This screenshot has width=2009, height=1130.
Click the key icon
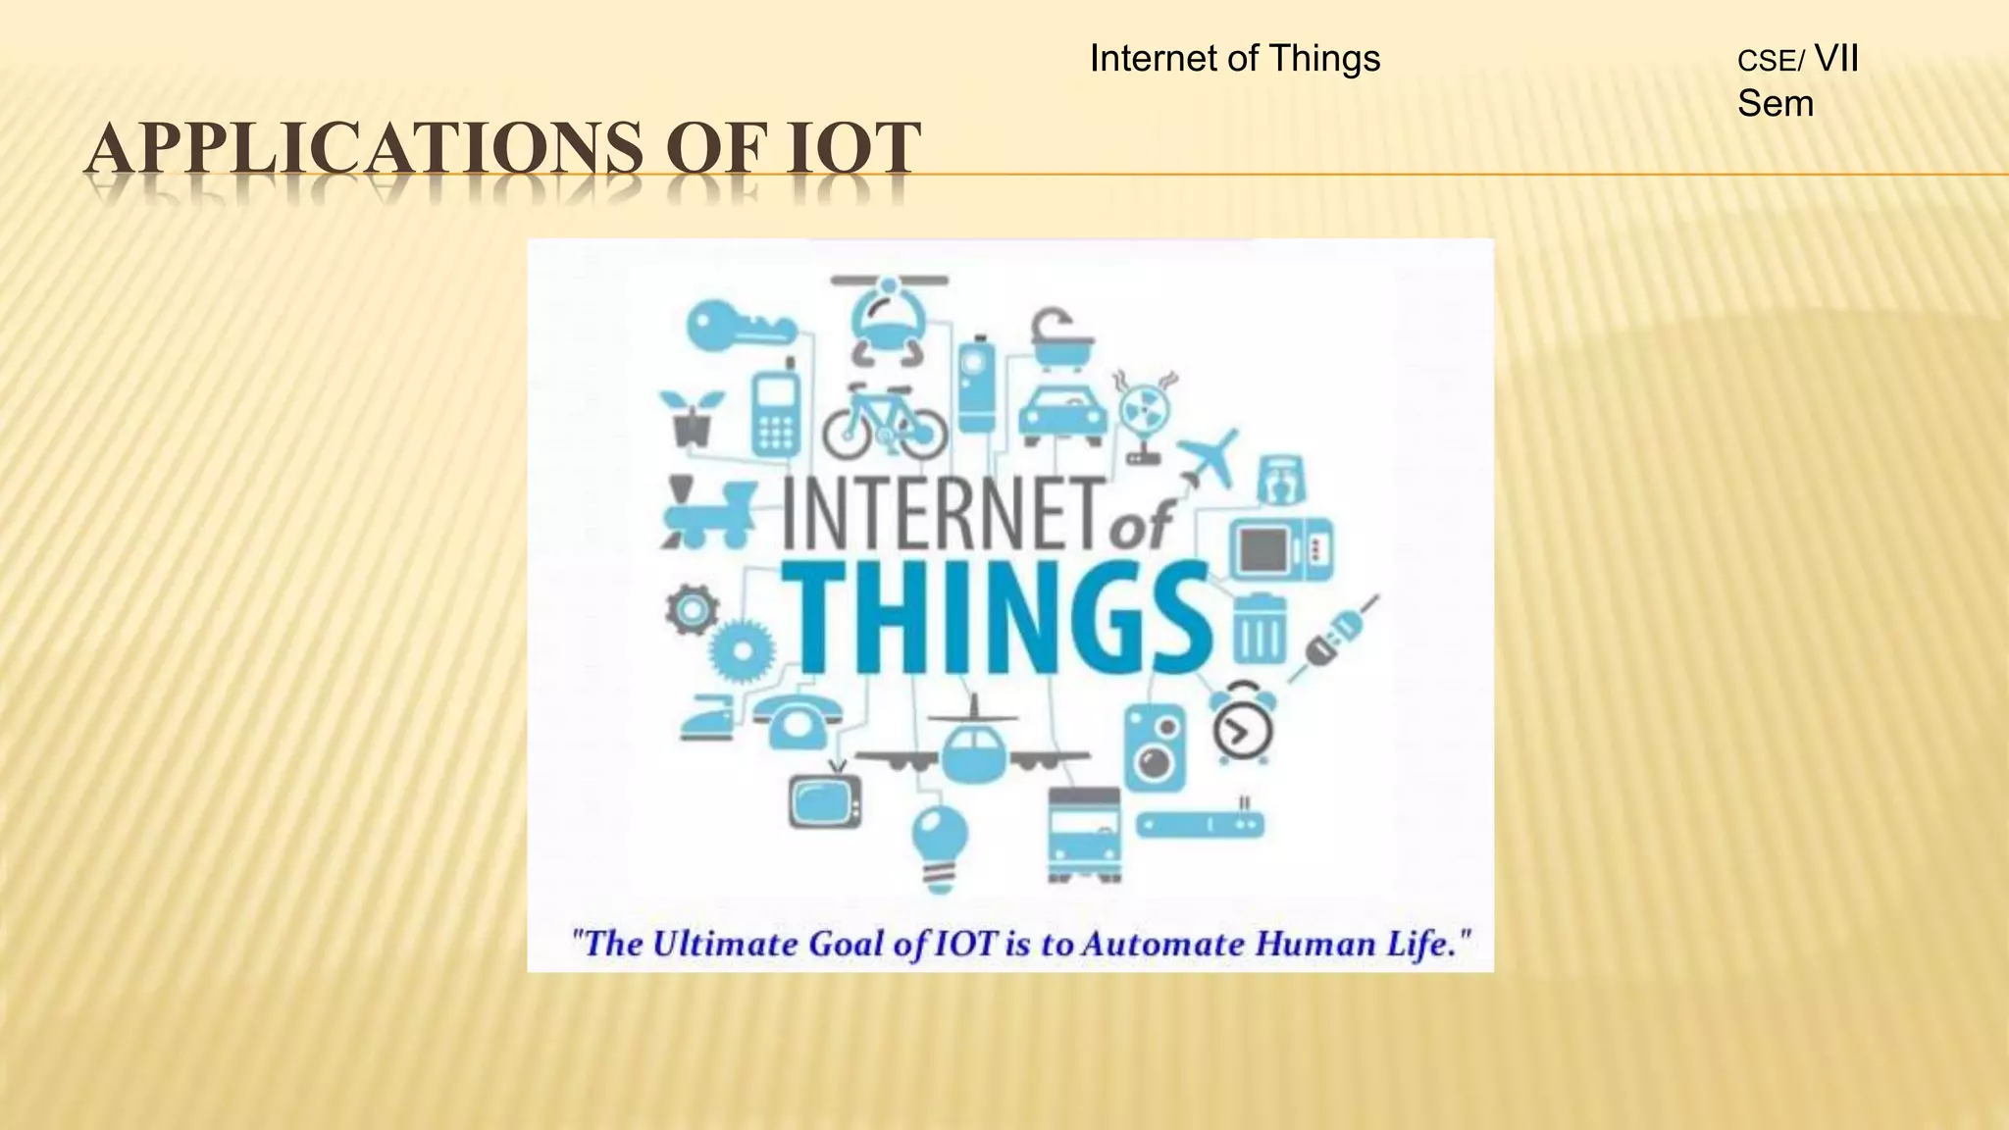(738, 327)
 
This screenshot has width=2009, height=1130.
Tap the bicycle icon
(885, 423)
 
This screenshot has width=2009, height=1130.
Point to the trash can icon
(1259, 630)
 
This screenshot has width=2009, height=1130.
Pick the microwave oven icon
(1280, 549)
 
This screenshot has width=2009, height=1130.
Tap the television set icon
(825, 798)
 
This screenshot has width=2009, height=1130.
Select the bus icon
(1084, 835)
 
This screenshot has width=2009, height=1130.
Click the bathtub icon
(1060, 339)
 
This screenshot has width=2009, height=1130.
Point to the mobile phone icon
(776, 412)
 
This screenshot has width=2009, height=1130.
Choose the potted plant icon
(692, 419)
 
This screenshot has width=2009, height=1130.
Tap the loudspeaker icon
(1155, 747)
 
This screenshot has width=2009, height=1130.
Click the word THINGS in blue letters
(996, 618)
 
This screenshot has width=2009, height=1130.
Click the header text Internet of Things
(1234, 59)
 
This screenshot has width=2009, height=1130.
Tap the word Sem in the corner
(1775, 104)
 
